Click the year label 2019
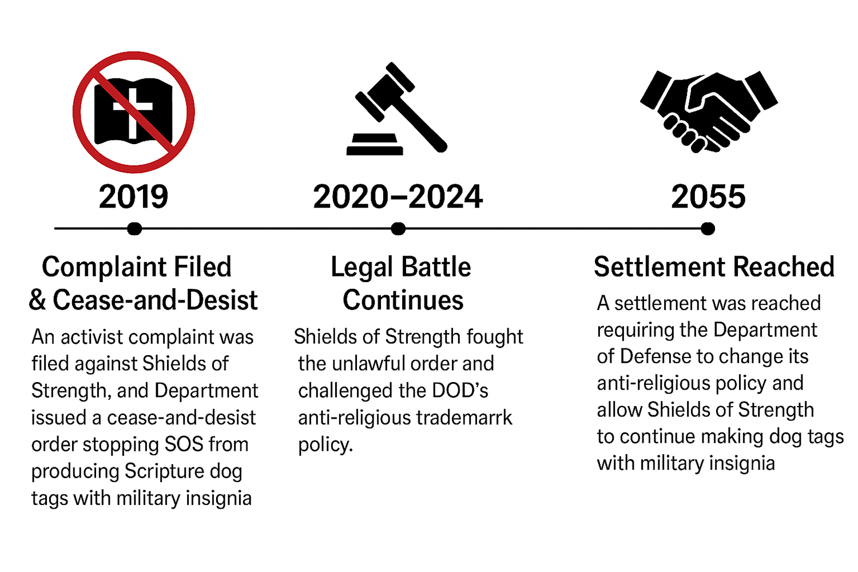coord(133,197)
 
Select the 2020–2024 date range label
coord(398,197)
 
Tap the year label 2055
coord(708,197)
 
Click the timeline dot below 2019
coord(134,229)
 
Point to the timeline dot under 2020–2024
coord(398,229)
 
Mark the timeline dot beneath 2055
coord(708,229)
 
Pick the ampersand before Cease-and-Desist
coord(37,300)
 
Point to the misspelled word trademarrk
coord(464,418)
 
